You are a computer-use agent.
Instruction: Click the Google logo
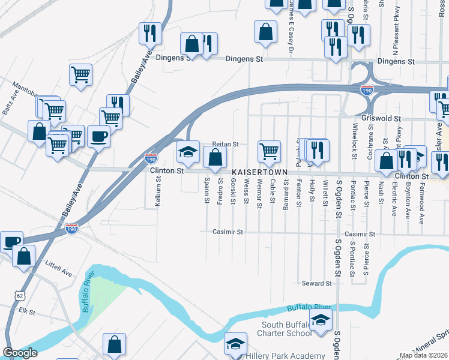20,353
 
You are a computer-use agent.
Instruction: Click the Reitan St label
226,145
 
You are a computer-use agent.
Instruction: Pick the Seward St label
316,283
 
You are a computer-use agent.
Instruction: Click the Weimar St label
259,193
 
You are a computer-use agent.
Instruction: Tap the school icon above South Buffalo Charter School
321,319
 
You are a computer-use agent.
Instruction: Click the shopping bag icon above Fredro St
215,158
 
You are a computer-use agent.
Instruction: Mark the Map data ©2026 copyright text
424,355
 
